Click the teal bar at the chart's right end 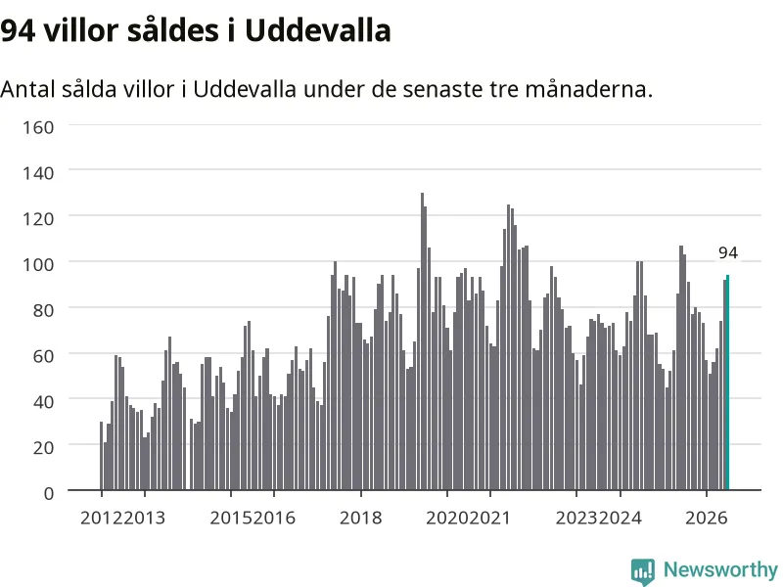coord(727,383)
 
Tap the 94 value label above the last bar coord(728,253)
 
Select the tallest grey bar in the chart coord(422,341)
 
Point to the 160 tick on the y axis coord(38,127)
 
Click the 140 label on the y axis coord(38,173)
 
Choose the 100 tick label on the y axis coord(38,264)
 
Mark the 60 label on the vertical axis coord(43,356)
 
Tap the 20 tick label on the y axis coord(43,448)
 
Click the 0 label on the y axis coord(48,494)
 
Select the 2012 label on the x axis coord(102,519)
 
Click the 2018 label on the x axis coord(360,519)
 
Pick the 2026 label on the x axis coord(706,519)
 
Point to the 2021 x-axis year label coord(490,519)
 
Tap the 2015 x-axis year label coord(231,519)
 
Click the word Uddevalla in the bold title coord(317,30)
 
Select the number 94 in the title coord(18,31)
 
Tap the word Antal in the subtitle coord(27,89)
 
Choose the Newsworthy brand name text coord(720,569)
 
